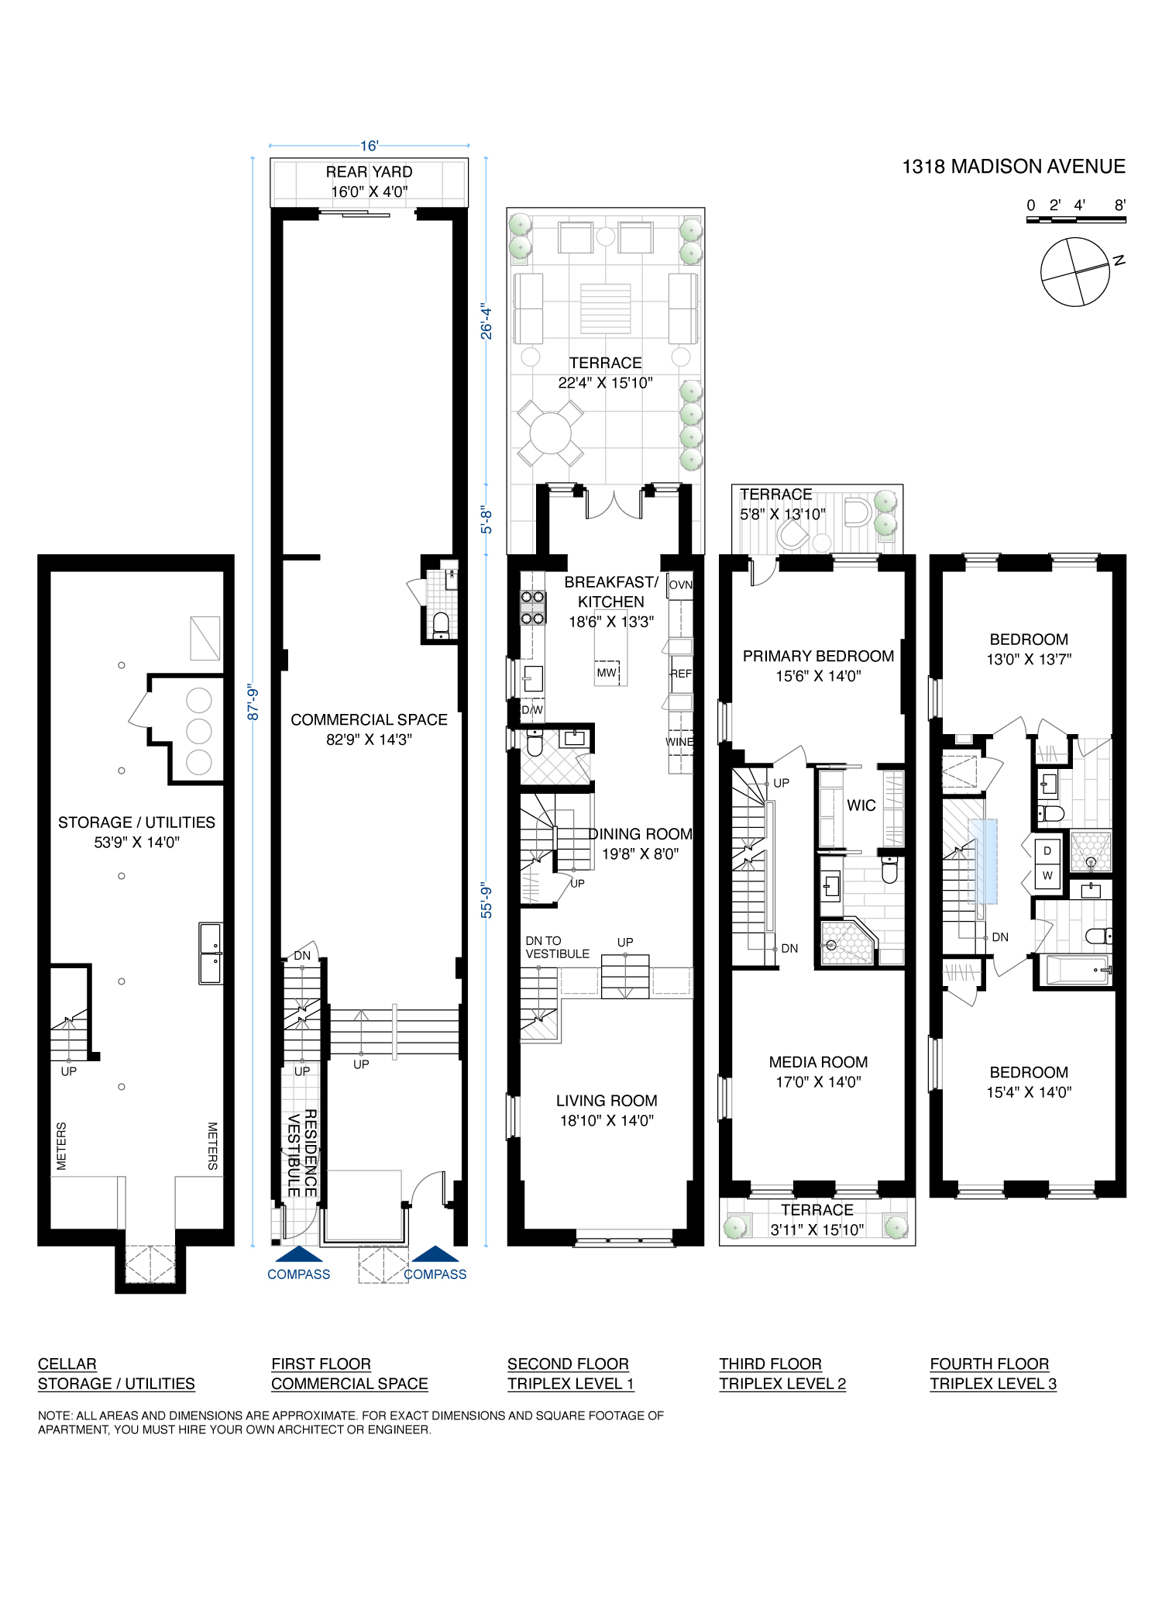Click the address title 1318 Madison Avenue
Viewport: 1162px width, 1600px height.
point(1013,167)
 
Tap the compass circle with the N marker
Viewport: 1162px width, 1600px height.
point(1074,271)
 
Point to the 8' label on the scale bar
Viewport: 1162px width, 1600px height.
point(1119,205)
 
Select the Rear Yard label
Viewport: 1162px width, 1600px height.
point(369,172)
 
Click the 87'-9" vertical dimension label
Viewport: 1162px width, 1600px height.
point(253,702)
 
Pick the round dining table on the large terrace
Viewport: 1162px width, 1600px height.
point(550,433)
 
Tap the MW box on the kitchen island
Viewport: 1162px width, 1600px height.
point(607,673)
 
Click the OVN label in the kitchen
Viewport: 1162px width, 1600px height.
point(680,585)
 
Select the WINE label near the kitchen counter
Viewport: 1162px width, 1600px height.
point(679,742)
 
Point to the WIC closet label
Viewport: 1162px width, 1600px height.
point(861,805)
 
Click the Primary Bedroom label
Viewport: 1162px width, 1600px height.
point(818,657)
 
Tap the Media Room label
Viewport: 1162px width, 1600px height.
point(818,1063)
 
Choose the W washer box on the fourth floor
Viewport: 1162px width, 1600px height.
point(1047,876)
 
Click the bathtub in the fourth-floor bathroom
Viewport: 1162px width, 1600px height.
point(1076,970)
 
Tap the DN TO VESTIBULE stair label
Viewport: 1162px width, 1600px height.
point(557,947)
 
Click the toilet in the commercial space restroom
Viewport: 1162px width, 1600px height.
point(441,622)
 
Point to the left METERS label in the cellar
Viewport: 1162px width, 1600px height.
point(62,1146)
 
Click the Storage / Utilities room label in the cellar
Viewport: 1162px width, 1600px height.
point(136,822)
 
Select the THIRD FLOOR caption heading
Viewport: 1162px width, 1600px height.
point(770,1364)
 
